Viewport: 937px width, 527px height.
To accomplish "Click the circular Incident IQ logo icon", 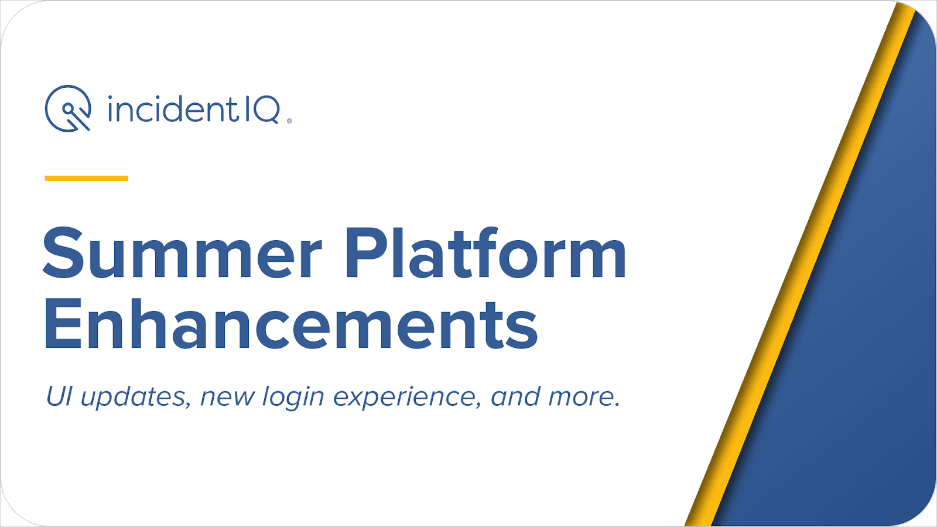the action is pos(68,108).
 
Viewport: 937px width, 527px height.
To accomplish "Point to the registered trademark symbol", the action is pos(289,121).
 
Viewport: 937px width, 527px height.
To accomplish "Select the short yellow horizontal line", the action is pos(86,178).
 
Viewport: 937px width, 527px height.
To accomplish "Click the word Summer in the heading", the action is pos(182,253).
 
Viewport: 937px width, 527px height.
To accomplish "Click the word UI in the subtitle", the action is pos(59,396).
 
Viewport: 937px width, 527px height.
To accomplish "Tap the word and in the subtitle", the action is pos(515,396).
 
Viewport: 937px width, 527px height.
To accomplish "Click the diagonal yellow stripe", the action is pos(799,264).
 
